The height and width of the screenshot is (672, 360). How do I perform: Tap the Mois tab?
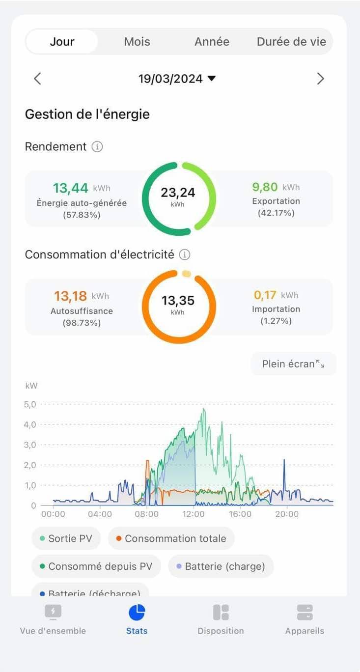137,42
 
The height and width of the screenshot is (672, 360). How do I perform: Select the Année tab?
212,42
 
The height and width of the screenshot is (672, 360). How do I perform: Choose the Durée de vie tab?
291,42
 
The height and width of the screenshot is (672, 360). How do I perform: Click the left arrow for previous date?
37,79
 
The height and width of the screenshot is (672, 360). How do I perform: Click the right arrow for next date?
320,79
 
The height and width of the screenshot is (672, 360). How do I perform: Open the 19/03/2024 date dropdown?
177,79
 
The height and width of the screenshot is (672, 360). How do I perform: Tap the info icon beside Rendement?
97,146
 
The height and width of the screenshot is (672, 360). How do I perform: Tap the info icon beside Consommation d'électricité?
184,254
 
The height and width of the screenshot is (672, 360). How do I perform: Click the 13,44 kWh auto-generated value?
71,188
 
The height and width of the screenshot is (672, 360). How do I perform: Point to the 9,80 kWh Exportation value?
265,187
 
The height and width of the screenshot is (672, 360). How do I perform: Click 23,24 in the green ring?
178,193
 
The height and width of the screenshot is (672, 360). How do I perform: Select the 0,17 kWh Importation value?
265,295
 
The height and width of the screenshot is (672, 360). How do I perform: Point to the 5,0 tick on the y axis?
30,404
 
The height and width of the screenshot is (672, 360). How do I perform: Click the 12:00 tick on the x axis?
194,514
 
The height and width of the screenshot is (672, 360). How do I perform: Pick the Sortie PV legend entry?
66,538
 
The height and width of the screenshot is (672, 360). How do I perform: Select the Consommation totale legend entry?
171,538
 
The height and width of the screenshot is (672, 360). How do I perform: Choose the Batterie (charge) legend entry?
221,566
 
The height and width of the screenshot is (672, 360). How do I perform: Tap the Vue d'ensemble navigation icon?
53,612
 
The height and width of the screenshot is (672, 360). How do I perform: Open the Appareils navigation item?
305,618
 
